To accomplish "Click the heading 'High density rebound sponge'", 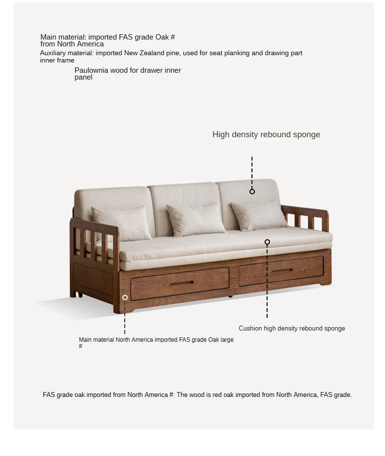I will [266, 135].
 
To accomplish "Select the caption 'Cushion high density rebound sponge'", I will [291, 329].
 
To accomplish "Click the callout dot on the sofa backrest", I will [252, 191].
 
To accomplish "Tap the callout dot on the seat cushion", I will [267, 242].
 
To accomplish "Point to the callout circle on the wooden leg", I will [125, 297].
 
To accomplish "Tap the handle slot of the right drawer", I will [282, 270].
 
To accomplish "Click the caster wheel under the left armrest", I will [78, 295].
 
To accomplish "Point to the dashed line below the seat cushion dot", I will [267, 283].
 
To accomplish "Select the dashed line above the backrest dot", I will [252, 171].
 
